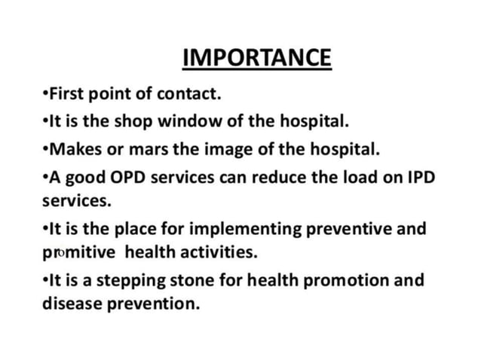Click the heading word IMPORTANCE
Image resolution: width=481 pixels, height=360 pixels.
(256, 58)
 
